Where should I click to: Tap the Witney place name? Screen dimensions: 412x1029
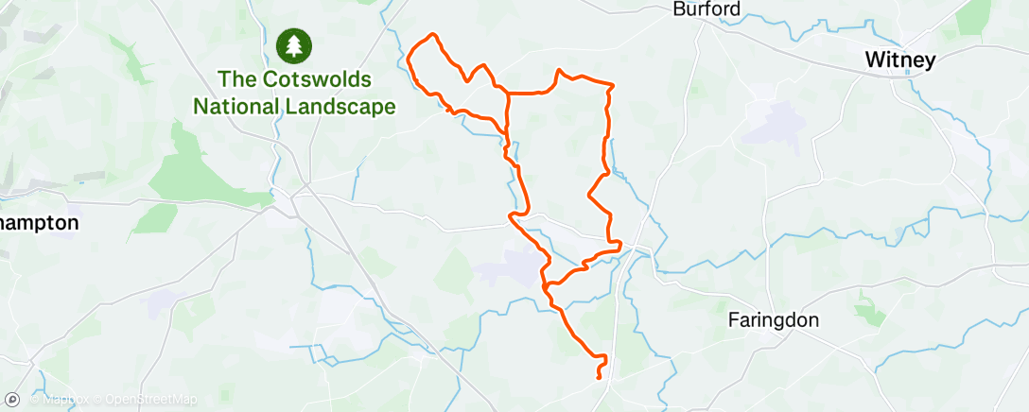coord(899,60)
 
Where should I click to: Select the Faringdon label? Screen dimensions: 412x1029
coord(773,320)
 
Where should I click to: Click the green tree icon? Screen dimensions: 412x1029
coord(293,44)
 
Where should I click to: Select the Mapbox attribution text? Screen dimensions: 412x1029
coord(61,400)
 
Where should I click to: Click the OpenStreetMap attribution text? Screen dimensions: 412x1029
coord(151,400)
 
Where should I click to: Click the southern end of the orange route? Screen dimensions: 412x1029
coord(601,377)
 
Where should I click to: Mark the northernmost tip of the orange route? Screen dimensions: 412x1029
coord(434,35)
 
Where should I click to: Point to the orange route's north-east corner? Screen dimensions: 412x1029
coord(612,86)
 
